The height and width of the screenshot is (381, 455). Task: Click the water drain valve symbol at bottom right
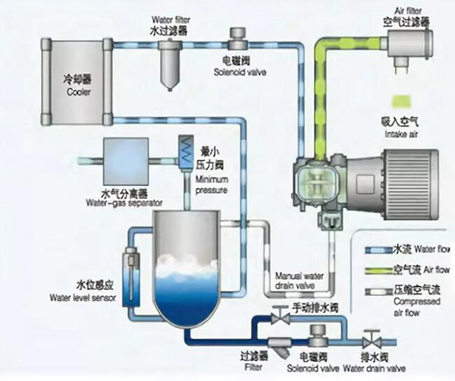371,337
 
